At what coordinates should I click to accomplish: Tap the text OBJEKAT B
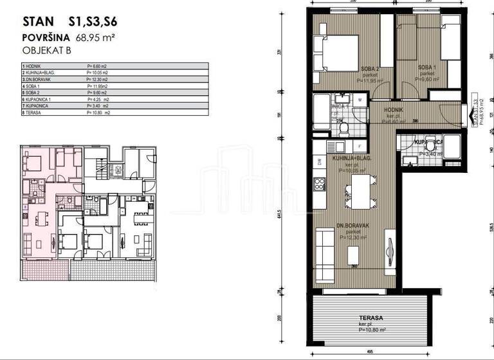[46, 50]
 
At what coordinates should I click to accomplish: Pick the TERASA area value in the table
[99, 113]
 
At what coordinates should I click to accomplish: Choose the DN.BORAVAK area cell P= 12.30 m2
[100, 80]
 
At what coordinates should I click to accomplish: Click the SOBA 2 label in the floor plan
[368, 69]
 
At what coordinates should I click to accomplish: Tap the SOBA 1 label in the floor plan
[426, 67]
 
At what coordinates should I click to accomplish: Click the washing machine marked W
[360, 100]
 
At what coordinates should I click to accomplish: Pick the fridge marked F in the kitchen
[360, 147]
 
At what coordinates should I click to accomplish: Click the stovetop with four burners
[320, 186]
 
